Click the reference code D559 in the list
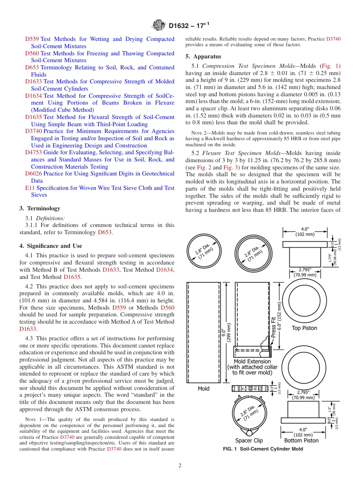(x=32, y=39)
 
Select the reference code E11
(x=30, y=188)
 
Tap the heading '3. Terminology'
(x=39, y=208)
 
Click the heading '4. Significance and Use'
(x=50, y=246)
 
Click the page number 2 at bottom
(x=180, y=466)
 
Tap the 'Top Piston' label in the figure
(x=304, y=328)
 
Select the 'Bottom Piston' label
(x=301, y=441)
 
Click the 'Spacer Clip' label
(x=249, y=441)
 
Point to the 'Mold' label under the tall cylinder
(x=203, y=389)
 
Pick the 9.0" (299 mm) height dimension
(x=226, y=332)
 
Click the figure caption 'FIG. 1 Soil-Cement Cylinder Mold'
(x=263, y=449)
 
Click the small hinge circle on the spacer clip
(x=249, y=432)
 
